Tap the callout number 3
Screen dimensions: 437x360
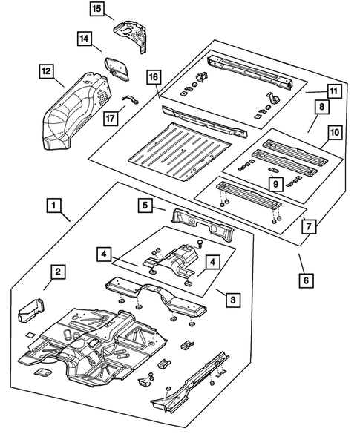(x=233, y=299)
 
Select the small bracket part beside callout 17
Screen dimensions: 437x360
(x=128, y=101)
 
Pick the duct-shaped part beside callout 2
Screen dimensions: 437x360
(x=30, y=307)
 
